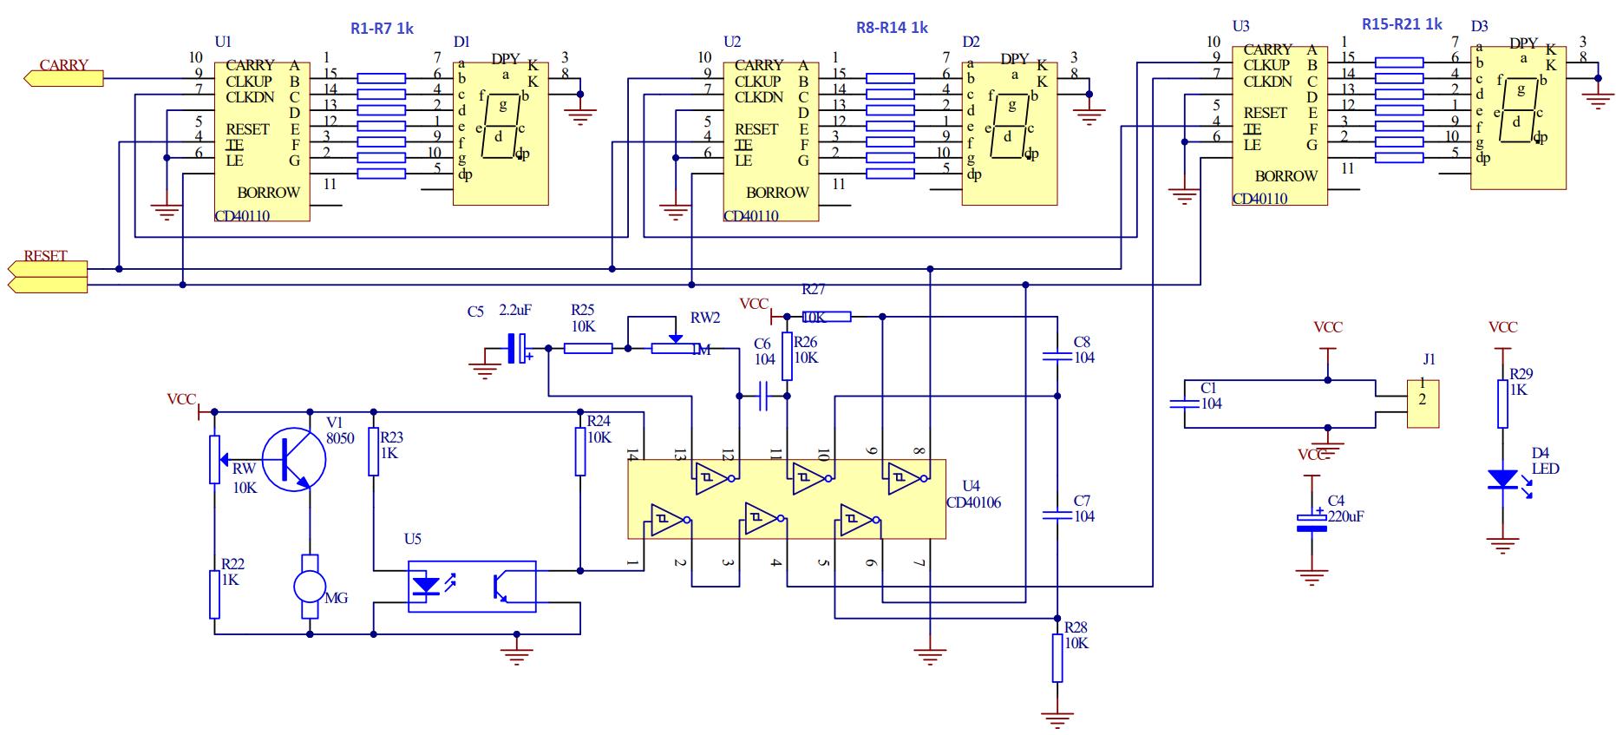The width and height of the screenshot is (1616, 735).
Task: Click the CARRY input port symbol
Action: (63, 79)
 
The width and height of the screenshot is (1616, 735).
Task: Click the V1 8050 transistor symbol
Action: (294, 460)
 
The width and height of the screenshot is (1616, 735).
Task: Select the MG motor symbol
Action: (310, 587)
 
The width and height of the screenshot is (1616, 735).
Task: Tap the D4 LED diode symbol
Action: (1503, 479)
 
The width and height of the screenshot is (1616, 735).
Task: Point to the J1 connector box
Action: (1423, 404)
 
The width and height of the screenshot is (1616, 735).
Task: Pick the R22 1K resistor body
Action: (214, 594)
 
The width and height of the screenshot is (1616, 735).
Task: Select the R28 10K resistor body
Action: (1057, 658)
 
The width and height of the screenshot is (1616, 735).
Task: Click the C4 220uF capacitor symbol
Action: (1312, 522)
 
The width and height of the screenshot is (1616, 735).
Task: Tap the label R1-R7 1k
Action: (382, 29)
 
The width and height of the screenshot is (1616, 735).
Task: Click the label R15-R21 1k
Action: (1402, 24)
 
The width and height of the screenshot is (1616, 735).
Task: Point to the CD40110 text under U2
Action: (751, 216)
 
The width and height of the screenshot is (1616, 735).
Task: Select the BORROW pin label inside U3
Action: (1286, 176)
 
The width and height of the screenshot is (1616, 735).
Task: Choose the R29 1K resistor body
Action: (1503, 404)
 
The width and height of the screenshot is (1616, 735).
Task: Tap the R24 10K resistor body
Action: (580, 451)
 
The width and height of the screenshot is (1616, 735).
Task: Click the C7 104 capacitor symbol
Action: (1057, 515)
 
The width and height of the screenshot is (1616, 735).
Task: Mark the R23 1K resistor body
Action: (374, 451)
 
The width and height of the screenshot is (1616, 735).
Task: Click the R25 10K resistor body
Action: (588, 349)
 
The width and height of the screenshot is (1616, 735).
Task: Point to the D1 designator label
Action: (461, 42)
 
